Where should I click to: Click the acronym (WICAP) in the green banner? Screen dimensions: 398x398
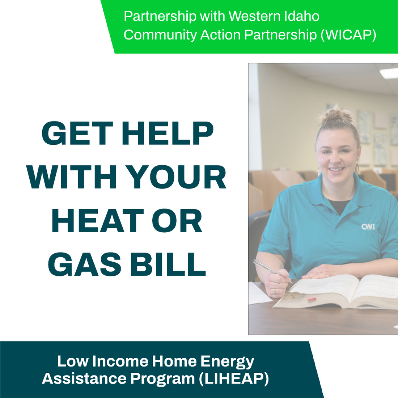[x=349, y=35]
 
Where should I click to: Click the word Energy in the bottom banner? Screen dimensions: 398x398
[x=227, y=362]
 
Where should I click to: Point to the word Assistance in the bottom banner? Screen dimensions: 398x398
[x=84, y=378]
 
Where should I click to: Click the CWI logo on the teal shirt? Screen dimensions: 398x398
[x=368, y=227]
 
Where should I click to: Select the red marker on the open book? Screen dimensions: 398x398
[x=312, y=299]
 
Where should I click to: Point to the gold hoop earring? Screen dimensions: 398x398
[x=357, y=168]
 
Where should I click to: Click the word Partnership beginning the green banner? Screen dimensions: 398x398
[x=160, y=16]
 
